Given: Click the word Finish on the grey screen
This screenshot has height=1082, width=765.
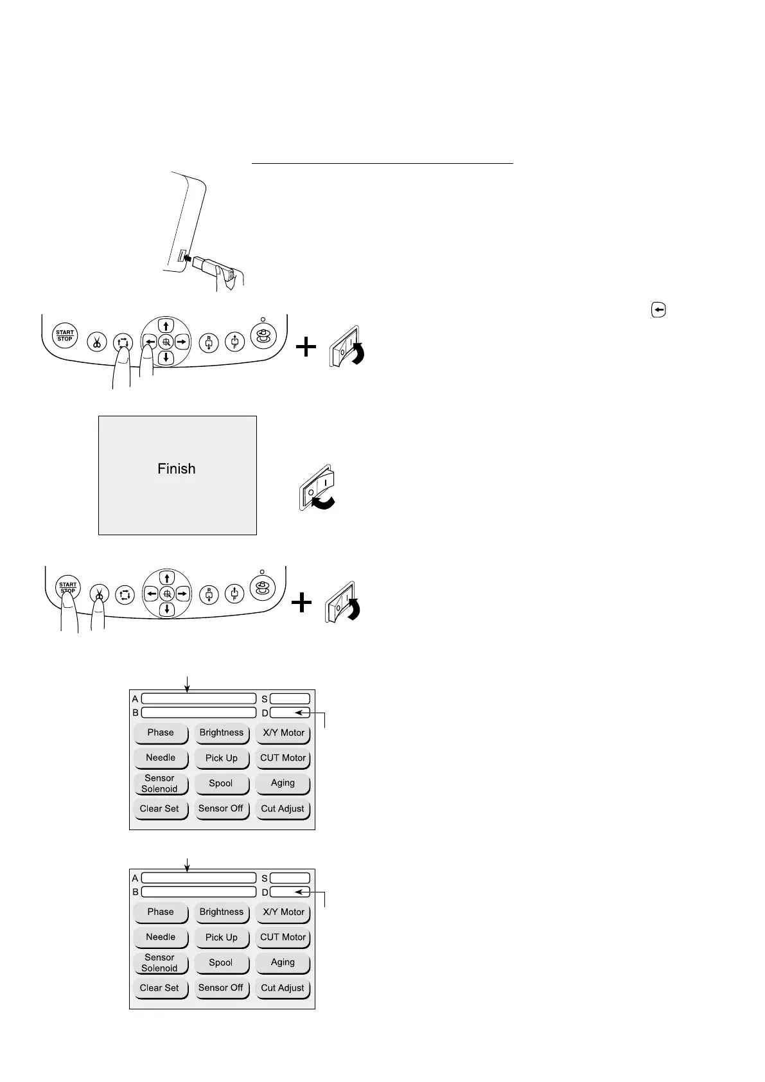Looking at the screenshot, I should pos(177,469).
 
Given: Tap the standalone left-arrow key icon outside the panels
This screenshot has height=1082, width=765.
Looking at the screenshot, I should pos(659,310).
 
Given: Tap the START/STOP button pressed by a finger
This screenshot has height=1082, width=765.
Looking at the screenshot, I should pos(67,588).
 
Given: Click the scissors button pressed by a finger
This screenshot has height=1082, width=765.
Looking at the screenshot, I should pos(99,594).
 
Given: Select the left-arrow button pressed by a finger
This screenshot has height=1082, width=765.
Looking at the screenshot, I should pos(149,341).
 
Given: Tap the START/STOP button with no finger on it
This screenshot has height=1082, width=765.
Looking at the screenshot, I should pos(65,336).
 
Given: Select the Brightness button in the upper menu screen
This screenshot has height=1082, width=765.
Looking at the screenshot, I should pos(222,733).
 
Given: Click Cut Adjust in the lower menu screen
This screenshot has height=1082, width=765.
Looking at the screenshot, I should pos(283,989).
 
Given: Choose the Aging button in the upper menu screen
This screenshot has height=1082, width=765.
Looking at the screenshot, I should pos(283,784).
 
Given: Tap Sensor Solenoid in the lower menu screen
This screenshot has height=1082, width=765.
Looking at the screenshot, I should pos(160,963).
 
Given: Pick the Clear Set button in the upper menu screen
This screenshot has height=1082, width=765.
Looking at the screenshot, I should pos(160,810).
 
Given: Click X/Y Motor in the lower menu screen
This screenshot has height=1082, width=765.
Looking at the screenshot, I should pos(283,912).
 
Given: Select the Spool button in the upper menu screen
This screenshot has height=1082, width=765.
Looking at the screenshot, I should pos(221,784).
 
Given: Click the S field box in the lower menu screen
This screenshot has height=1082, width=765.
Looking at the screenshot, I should pos(290,878).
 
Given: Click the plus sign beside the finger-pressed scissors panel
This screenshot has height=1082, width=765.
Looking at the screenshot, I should pos(301,603).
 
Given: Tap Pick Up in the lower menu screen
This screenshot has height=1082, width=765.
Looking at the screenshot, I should pos(222,938).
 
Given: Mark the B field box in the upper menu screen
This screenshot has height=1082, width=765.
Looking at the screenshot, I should pos(198,713).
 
